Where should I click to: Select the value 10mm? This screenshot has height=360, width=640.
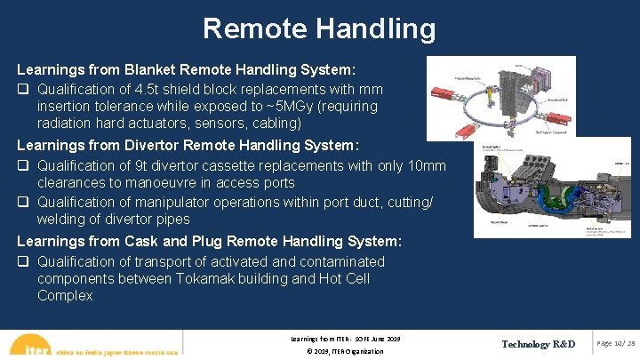pos(428,165)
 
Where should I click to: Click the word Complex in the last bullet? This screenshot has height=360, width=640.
pos(65,296)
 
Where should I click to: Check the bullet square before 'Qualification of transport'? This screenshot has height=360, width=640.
pos(24,262)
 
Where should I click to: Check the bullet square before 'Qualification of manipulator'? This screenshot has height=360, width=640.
pos(24,203)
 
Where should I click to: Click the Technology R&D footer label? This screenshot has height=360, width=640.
pos(538,344)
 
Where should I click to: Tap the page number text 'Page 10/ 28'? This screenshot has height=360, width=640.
pos(616,344)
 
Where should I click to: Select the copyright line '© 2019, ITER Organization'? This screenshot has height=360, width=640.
pos(345,351)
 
